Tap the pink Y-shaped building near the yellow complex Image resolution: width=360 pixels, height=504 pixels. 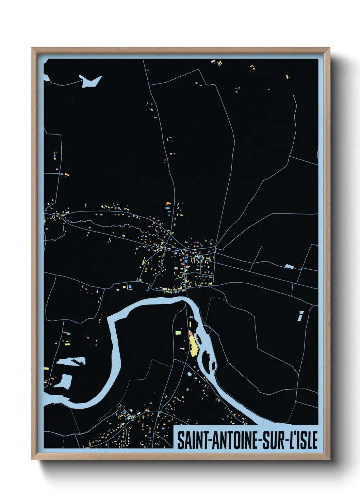tap(183, 349)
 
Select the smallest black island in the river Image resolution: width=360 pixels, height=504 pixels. tap(213, 366)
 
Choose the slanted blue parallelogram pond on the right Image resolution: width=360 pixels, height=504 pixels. tap(300, 316)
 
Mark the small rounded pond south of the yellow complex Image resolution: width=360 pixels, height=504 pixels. tap(190, 374)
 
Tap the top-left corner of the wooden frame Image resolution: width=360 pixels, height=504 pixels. tap(32, 48)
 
